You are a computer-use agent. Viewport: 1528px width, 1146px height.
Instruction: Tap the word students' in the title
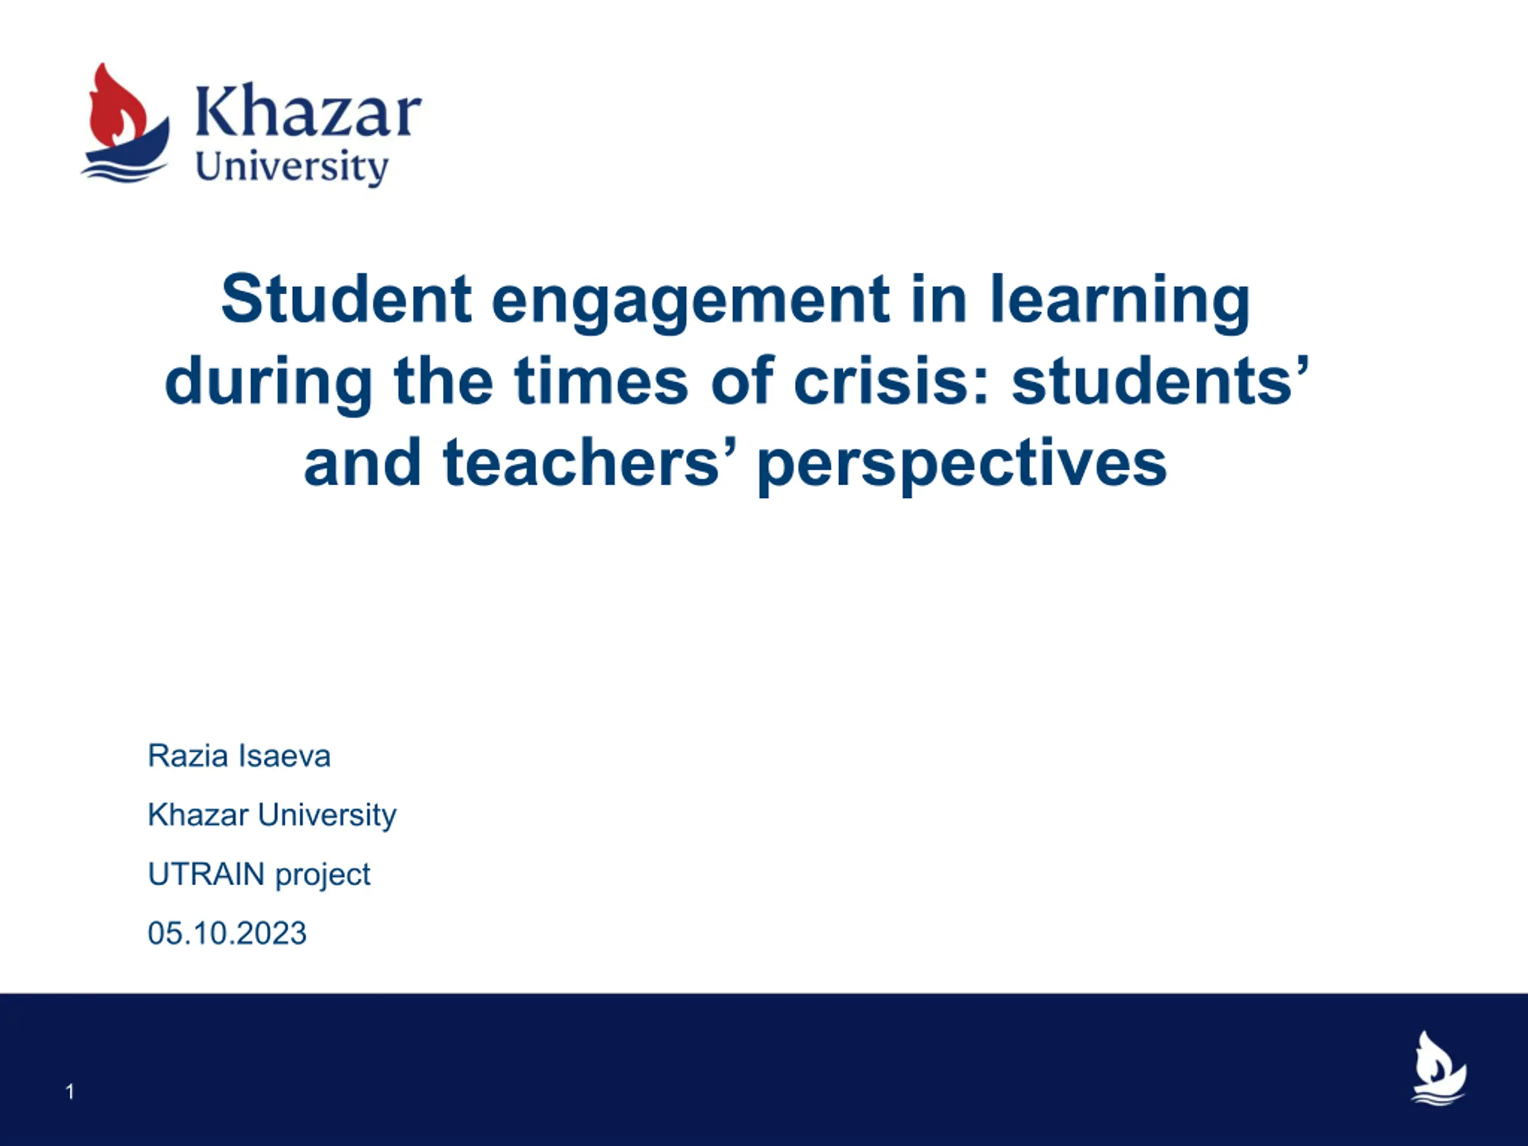point(1160,380)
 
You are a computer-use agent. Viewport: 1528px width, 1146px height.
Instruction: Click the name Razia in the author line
point(188,756)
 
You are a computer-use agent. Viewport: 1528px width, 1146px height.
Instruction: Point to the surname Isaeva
point(284,756)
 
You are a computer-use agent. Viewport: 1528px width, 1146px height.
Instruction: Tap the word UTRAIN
point(207,874)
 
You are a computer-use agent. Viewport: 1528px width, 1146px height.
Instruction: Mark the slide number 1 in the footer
point(70,1092)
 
